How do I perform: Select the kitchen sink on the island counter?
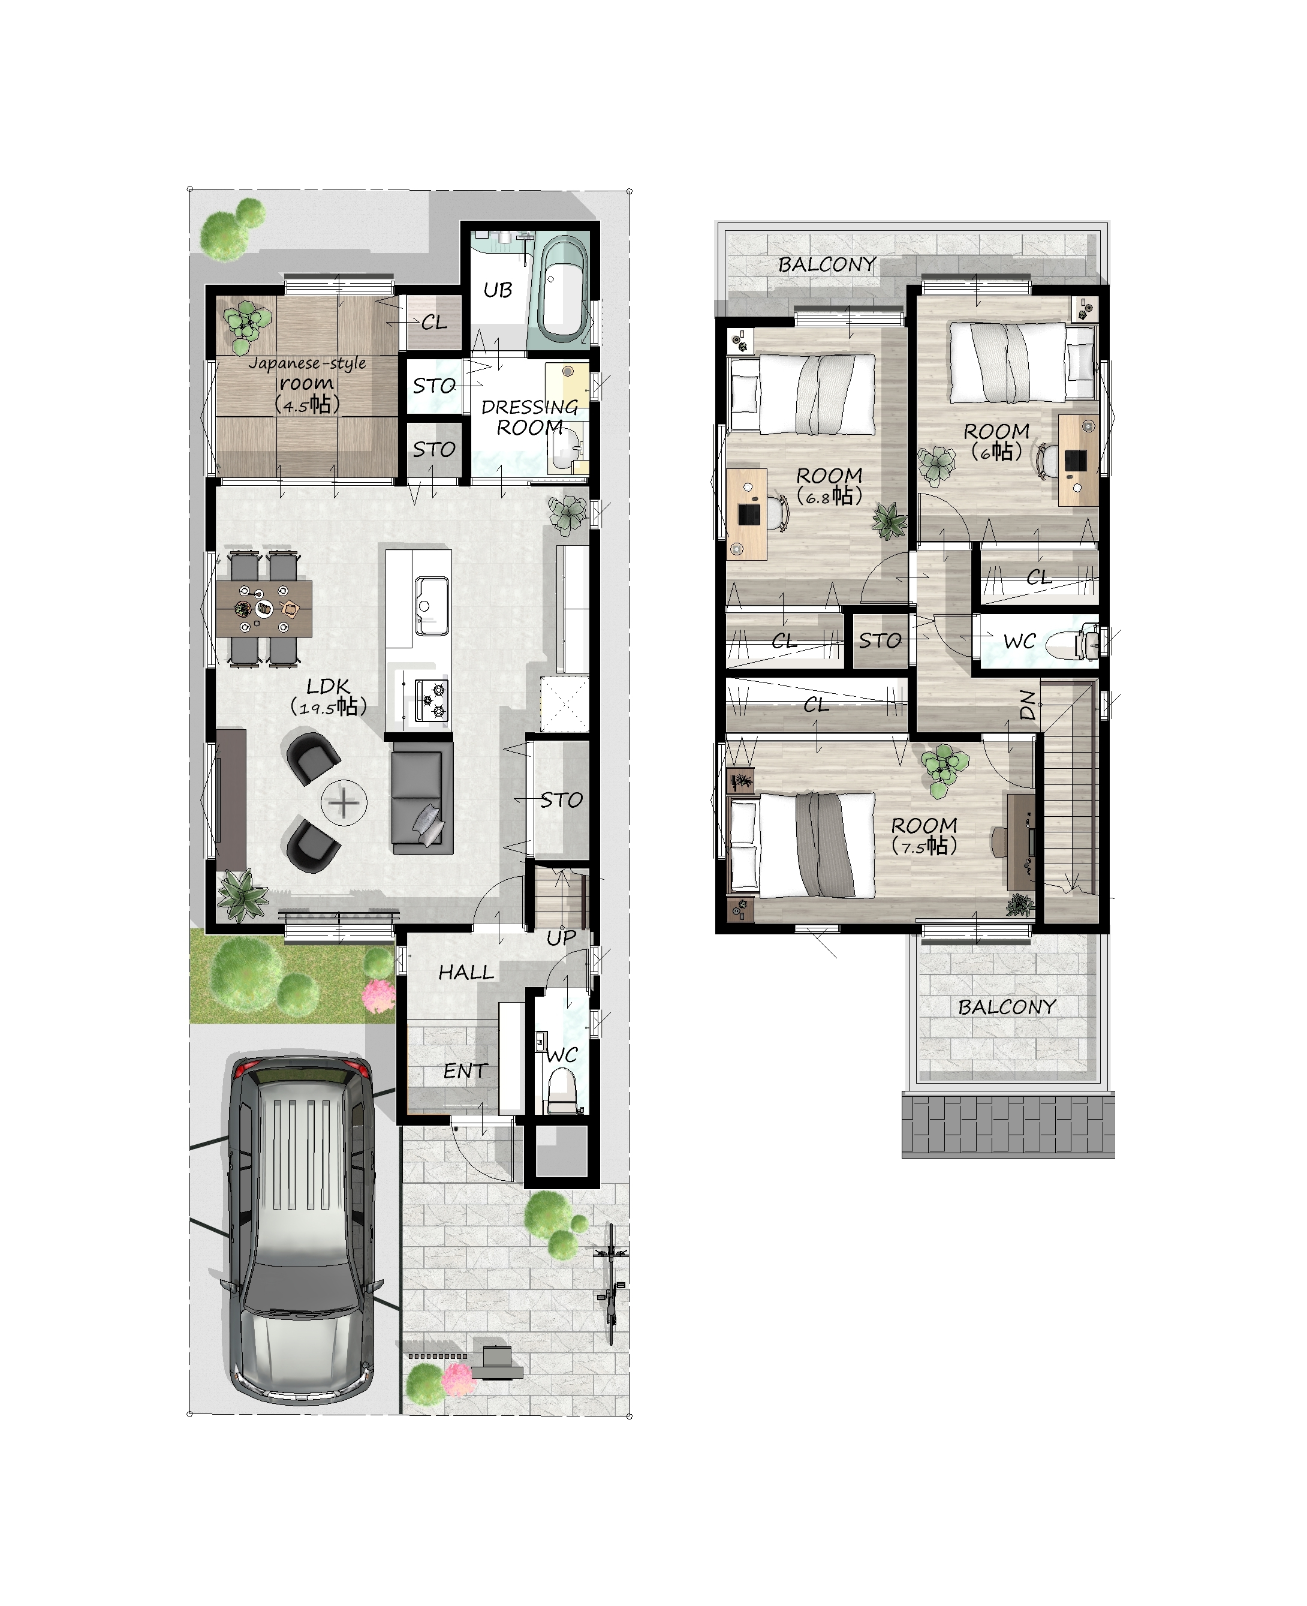pyautogui.click(x=432, y=605)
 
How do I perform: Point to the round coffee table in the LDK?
pyautogui.click(x=344, y=802)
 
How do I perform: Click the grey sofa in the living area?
pyautogui.click(x=421, y=798)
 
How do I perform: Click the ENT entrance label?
pyautogui.click(x=465, y=1070)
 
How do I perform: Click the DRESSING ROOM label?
pyautogui.click(x=529, y=417)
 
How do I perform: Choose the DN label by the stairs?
pyautogui.click(x=1027, y=705)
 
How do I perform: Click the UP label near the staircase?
pyautogui.click(x=561, y=938)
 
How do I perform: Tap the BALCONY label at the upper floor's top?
pyautogui.click(x=827, y=264)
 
